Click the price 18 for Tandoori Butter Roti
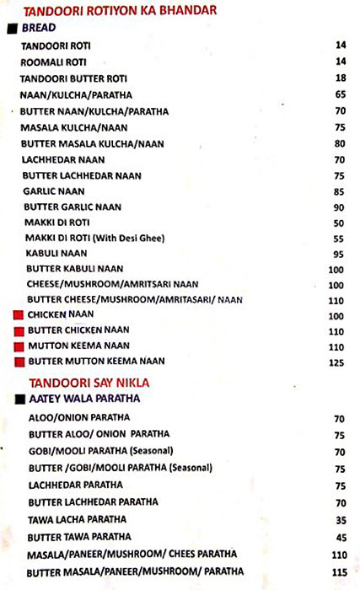[x=340, y=78]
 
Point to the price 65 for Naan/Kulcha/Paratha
[x=340, y=94]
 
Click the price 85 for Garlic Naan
[x=339, y=192]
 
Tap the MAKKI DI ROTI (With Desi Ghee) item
[x=87, y=239]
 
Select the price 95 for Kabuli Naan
[x=339, y=255]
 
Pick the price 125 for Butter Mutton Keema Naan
[x=336, y=363]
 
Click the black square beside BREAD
[x=11, y=28]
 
